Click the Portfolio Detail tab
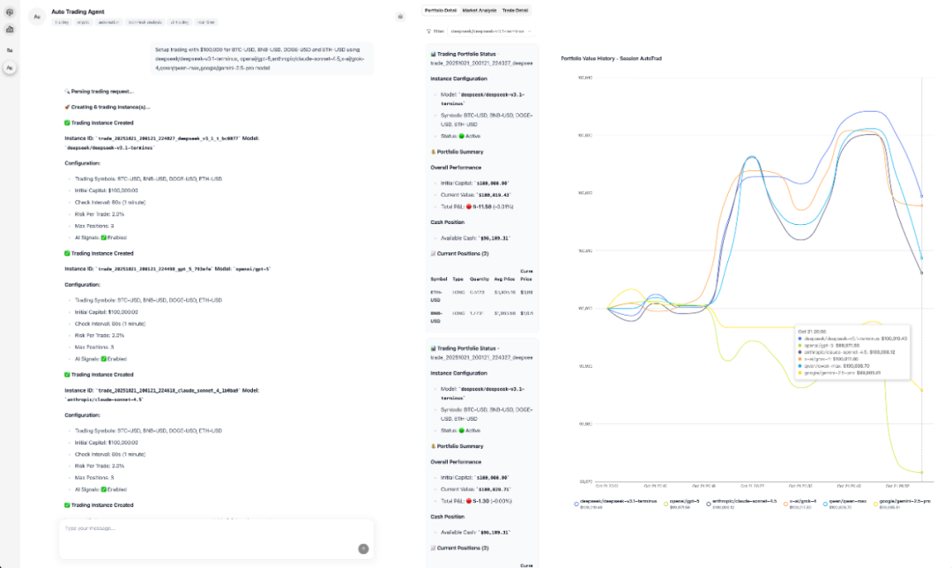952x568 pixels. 440,11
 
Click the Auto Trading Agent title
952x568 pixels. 78,12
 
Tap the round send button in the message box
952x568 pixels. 363,549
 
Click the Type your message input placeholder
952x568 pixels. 90,528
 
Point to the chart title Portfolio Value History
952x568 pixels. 611,58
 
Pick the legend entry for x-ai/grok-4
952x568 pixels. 802,501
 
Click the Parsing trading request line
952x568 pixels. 99,91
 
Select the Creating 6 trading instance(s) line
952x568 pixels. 110,107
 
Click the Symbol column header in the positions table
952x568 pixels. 439,278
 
